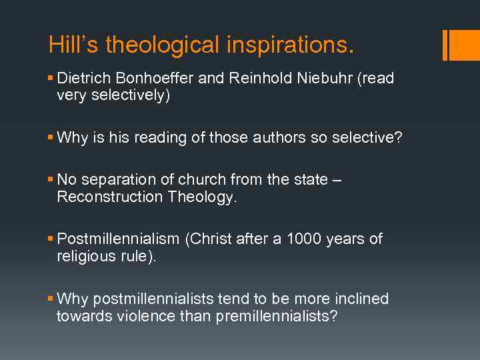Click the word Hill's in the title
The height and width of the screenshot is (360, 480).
point(73,45)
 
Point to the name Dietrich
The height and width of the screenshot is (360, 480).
point(81,79)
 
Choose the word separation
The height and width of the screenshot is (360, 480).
point(114,180)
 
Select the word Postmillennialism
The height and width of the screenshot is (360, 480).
point(119,239)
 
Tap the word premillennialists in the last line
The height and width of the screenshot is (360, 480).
point(277,316)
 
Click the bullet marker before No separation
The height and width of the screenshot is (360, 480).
point(51,180)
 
